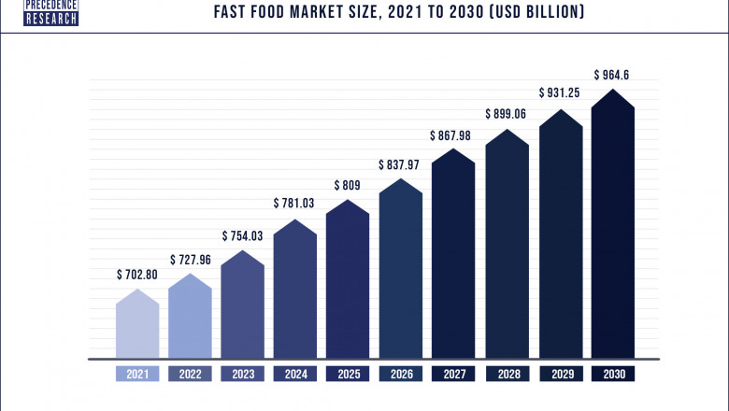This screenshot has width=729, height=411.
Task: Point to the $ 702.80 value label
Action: click(136, 276)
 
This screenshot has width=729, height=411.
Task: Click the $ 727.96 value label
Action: click(190, 259)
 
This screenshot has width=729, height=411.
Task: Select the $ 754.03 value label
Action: click(242, 235)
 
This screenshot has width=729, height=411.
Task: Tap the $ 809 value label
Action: click(348, 185)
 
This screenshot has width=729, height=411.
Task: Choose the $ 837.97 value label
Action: click(400, 164)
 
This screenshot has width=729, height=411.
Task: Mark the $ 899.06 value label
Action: click(507, 114)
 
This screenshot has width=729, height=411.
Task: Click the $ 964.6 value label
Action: click(613, 75)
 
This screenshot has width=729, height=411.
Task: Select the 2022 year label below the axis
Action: click(190, 374)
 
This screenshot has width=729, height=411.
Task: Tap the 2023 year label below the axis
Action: click(242, 374)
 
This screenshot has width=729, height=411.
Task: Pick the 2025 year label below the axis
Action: click(348, 374)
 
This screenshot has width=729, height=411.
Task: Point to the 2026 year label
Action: click(400, 374)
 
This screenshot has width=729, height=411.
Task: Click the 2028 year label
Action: click(507, 374)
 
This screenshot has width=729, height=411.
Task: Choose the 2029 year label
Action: click(560, 374)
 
